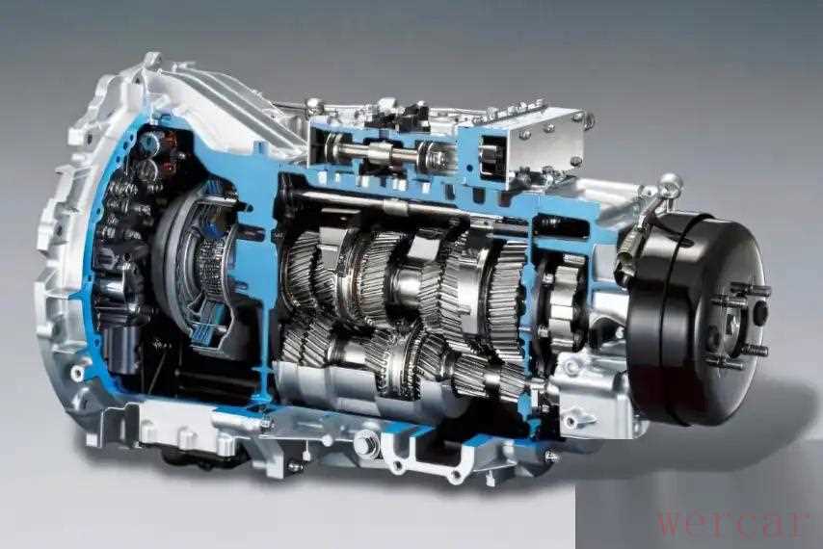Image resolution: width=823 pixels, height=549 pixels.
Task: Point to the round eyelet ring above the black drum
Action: coord(671,184)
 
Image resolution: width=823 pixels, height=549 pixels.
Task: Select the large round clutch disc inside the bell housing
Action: coord(195,262)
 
